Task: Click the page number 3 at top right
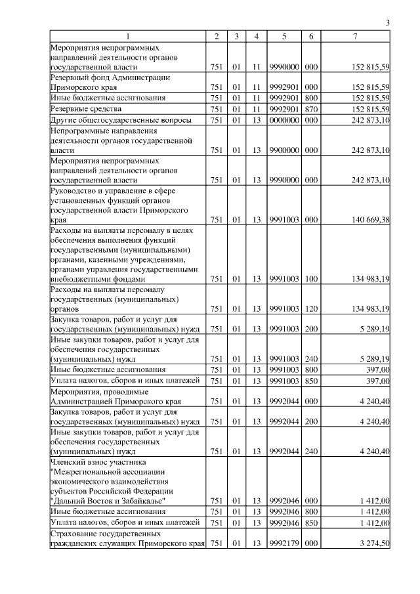tap(388, 24)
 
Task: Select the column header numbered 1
tap(127, 37)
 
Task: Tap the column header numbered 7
tap(355, 37)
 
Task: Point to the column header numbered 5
tap(284, 37)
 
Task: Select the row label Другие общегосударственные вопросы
tap(121, 120)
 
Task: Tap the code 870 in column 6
tap(311, 108)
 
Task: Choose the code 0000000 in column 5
tap(284, 120)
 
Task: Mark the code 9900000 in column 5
tap(284, 150)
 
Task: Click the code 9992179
tap(284, 543)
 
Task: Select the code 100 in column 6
tap(311, 279)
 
